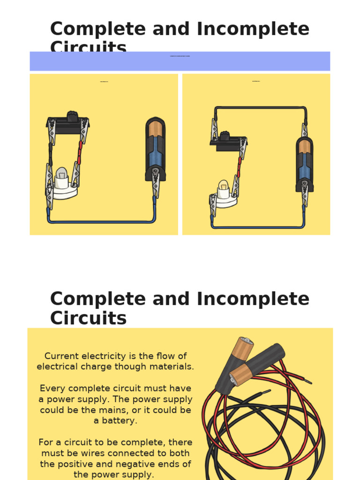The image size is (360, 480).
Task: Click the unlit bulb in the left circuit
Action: (62, 176)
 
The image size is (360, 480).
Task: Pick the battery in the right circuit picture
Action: (304, 161)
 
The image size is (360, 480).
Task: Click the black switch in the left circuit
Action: (68, 120)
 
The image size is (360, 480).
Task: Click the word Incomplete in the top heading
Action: (253, 29)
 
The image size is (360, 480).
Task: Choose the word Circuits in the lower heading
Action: (88, 318)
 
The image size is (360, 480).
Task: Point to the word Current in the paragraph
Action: (61, 356)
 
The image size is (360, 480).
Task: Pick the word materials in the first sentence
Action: (172, 367)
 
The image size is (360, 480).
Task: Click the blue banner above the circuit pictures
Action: (180, 61)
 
